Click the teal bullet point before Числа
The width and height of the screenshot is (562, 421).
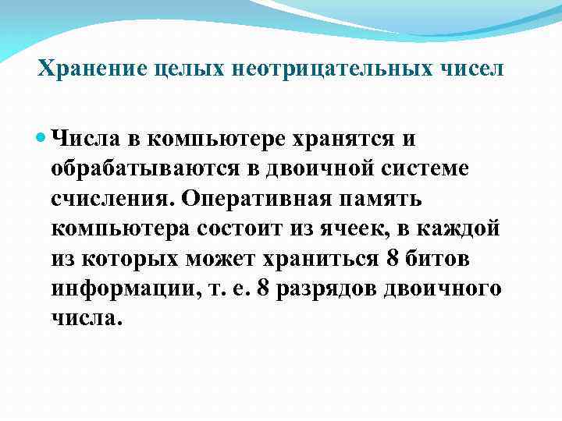pyautogui.click(x=41, y=138)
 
